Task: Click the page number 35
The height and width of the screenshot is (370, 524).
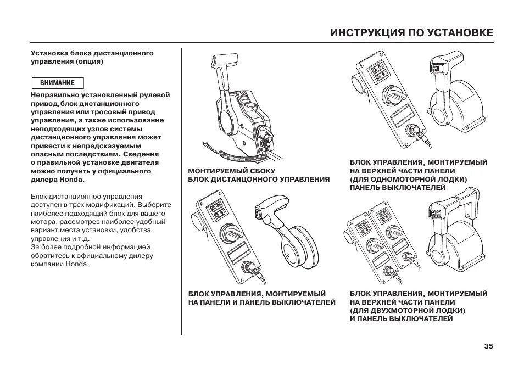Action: click(488, 346)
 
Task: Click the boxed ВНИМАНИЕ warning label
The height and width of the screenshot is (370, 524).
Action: click(57, 83)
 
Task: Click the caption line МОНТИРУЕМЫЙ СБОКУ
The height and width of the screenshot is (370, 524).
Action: click(232, 171)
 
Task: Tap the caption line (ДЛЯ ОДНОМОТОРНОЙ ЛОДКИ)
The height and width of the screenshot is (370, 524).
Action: click(409, 179)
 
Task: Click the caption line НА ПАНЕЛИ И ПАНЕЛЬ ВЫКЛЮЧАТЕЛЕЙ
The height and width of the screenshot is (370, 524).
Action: click(261, 302)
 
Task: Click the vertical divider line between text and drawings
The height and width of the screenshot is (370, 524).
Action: click(182, 192)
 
